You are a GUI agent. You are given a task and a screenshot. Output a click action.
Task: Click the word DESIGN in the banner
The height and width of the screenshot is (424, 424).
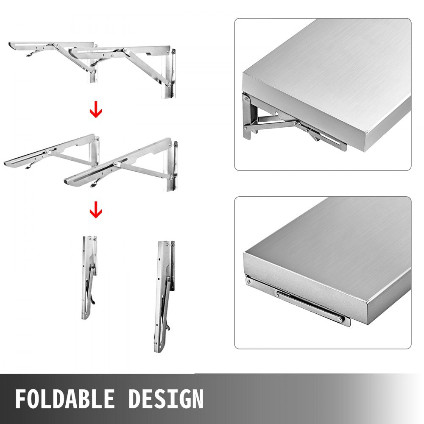click(x=166, y=399)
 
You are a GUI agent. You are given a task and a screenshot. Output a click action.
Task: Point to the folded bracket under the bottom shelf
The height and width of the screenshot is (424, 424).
click(x=305, y=303)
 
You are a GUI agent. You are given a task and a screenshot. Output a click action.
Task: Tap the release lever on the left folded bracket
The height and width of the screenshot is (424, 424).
click(x=91, y=297)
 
